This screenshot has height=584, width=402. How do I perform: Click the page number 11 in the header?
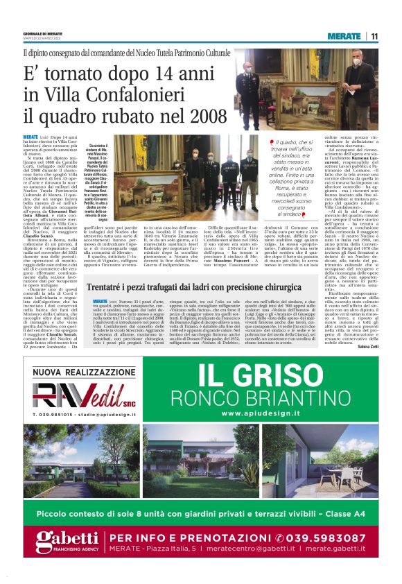(x=374, y=36)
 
